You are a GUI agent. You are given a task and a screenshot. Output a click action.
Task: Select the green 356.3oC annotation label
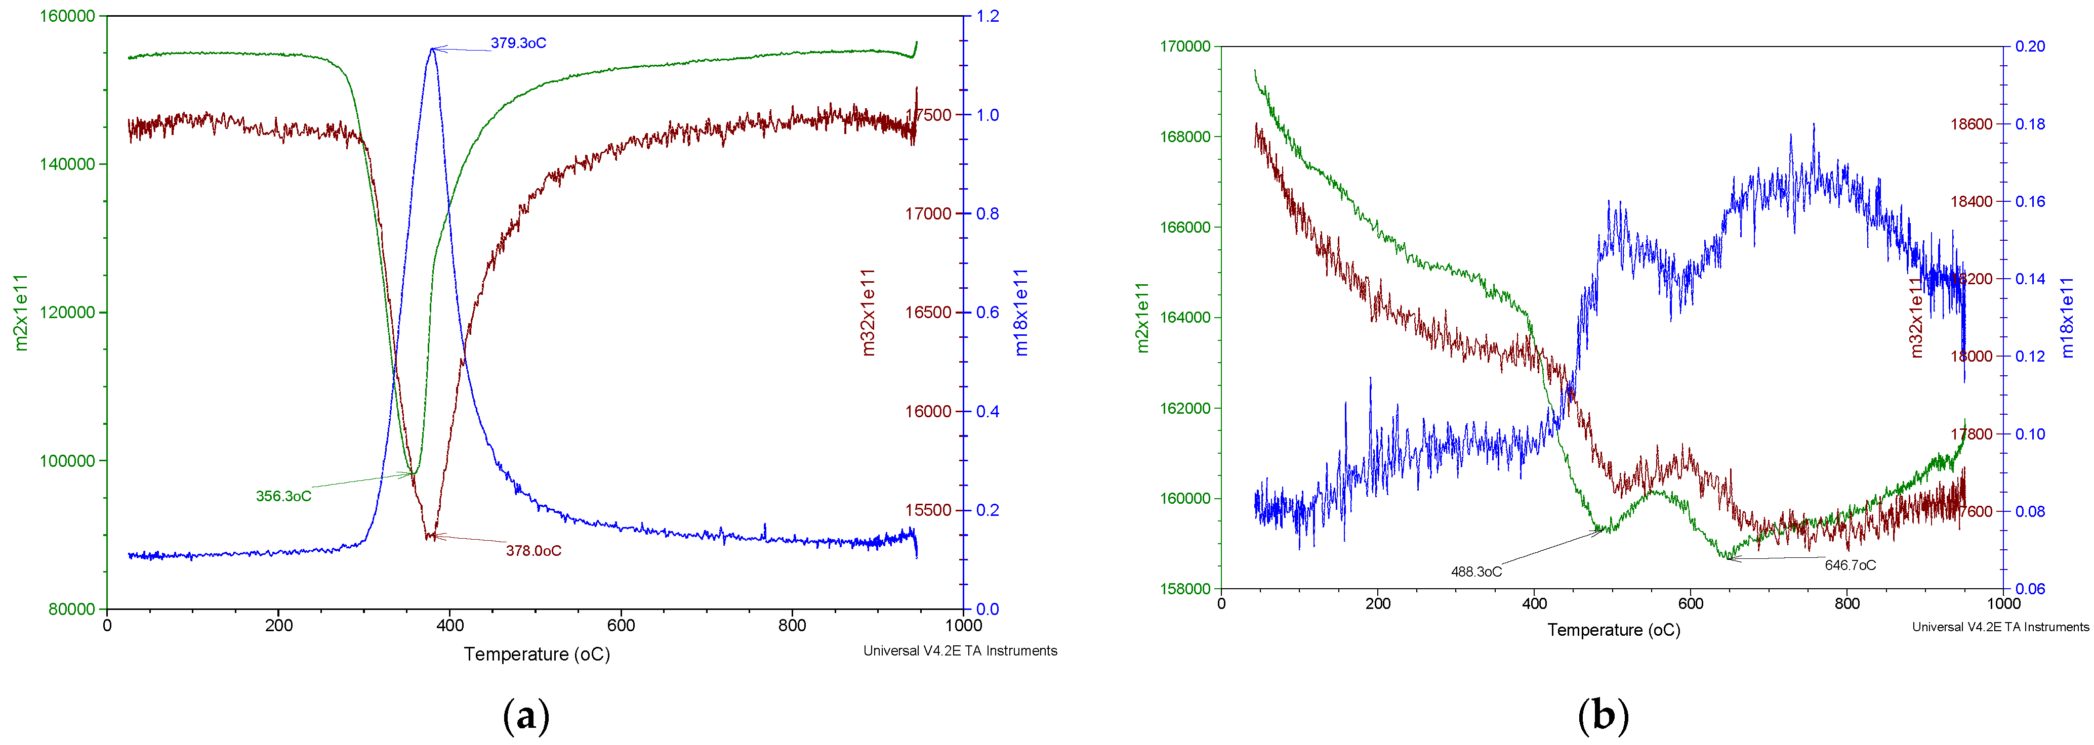tap(283, 496)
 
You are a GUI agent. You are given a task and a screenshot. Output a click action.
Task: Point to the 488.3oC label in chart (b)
tap(1476, 571)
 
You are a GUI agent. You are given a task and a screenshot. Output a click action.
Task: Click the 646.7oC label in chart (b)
tap(1850, 564)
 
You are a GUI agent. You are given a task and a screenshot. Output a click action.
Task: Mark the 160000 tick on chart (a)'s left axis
tap(67, 16)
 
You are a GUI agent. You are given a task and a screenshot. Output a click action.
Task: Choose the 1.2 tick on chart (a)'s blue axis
tap(988, 16)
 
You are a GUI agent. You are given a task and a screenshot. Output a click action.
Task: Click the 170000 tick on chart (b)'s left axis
tap(1184, 47)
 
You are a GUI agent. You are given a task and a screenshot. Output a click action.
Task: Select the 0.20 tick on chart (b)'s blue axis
tap(2030, 47)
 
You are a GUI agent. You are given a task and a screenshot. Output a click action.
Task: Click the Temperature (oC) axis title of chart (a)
tap(537, 654)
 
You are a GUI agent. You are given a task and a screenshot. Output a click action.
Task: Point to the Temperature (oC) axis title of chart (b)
tap(1614, 630)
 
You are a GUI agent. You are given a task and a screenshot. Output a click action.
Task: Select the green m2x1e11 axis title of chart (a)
tap(21, 313)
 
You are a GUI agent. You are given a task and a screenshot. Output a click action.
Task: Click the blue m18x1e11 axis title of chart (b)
tap(2067, 317)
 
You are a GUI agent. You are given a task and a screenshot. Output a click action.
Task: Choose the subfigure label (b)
tap(1603, 717)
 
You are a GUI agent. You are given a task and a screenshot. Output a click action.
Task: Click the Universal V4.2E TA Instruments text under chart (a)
tap(960, 651)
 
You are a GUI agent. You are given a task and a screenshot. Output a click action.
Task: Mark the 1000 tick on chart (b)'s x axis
tap(2003, 603)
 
